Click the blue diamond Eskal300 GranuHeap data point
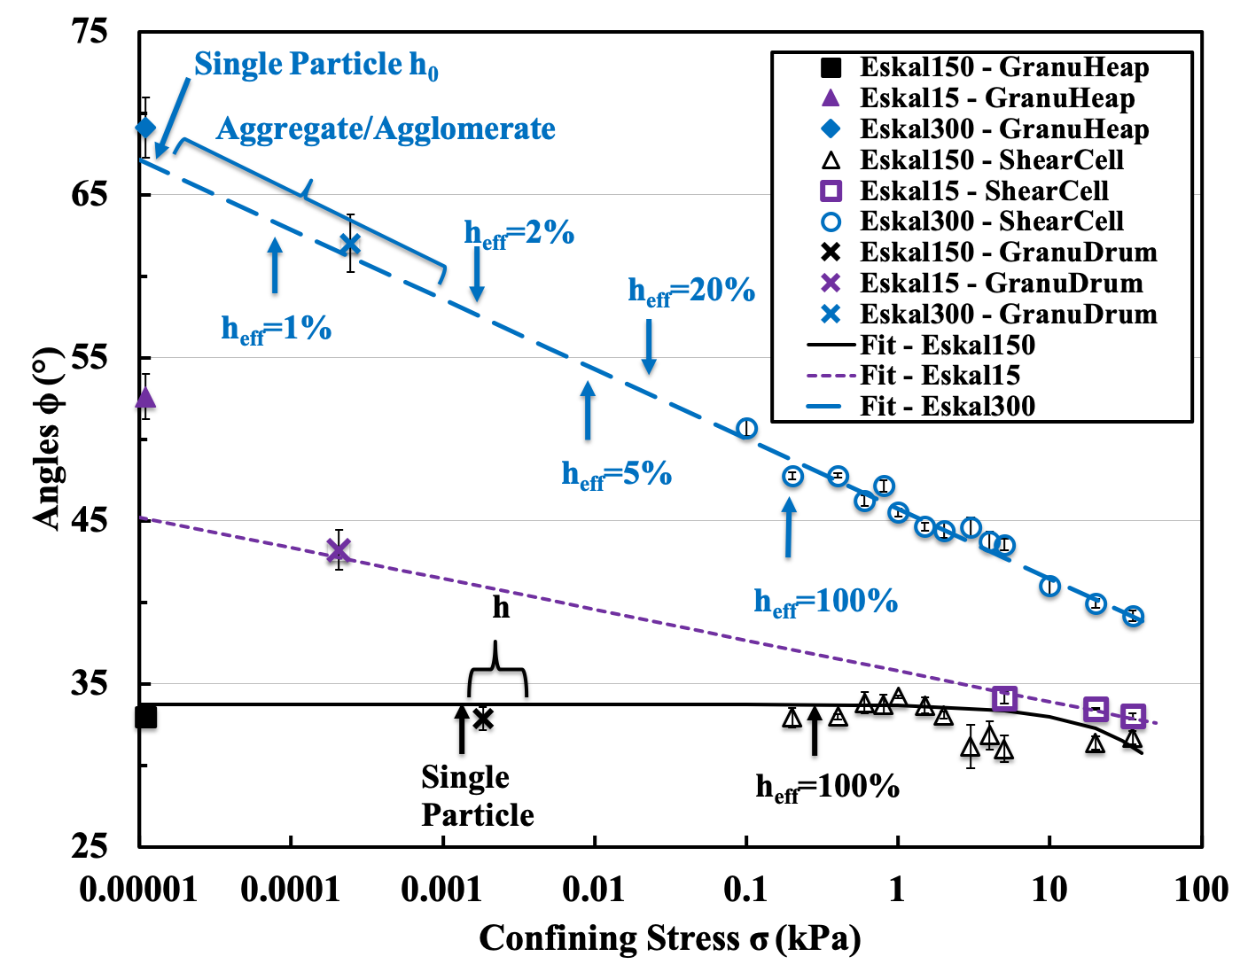[146, 128]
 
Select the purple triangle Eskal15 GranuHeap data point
[145, 397]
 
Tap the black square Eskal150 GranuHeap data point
[146, 717]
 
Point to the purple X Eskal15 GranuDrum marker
[339, 550]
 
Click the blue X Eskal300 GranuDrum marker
[350, 244]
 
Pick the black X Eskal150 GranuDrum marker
[483, 719]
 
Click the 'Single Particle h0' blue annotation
[316, 65]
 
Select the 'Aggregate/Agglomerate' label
[386, 128]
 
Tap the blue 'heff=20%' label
[691, 292]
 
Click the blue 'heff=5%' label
[617, 475]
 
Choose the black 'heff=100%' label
[828, 787]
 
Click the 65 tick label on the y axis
[89, 194]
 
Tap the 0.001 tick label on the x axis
[441, 891]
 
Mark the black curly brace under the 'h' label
[497, 669]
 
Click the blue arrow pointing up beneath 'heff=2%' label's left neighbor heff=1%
[275, 265]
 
